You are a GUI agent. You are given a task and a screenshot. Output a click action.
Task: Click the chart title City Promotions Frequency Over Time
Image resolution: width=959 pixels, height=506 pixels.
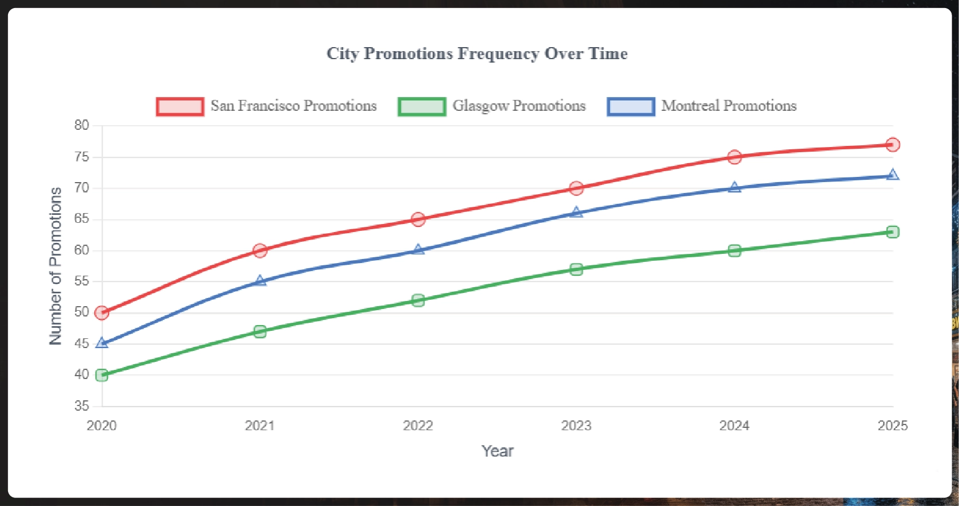pyautogui.click(x=477, y=53)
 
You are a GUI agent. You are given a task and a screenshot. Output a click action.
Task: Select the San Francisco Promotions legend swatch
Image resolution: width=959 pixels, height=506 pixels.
pyautogui.click(x=180, y=106)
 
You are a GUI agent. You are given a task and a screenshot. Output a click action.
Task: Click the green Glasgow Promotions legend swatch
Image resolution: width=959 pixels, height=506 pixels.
pyautogui.click(x=422, y=106)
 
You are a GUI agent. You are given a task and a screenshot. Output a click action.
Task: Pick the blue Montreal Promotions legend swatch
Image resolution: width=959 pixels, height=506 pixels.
pyautogui.click(x=631, y=106)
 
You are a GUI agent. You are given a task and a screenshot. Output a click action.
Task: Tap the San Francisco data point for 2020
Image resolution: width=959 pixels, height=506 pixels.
pyautogui.click(x=102, y=313)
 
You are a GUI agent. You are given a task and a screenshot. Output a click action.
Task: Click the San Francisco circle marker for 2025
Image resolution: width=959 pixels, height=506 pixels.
pyautogui.click(x=892, y=145)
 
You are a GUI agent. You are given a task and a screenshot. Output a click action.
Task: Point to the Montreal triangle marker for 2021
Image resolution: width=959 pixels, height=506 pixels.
pyautogui.click(x=260, y=281)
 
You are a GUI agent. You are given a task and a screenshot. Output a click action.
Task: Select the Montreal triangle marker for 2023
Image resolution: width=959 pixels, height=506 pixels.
pyautogui.click(x=577, y=213)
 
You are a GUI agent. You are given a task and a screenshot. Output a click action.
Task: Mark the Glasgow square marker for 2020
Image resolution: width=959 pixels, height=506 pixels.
pyautogui.click(x=102, y=375)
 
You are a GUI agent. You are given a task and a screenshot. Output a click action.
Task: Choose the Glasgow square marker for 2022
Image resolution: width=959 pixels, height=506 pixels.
pyautogui.click(x=418, y=300)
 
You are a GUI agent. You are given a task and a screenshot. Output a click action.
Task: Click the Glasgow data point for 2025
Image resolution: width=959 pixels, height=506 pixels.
pyautogui.click(x=892, y=232)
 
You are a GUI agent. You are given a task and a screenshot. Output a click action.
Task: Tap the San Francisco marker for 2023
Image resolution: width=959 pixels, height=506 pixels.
pyautogui.click(x=577, y=188)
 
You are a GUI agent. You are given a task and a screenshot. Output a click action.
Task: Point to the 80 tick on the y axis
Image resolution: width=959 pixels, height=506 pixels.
pyautogui.click(x=82, y=125)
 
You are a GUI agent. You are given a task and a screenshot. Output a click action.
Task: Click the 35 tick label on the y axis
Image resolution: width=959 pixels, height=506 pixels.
pyautogui.click(x=82, y=406)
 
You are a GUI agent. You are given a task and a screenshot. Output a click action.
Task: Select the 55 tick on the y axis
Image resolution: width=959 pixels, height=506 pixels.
pyautogui.click(x=82, y=281)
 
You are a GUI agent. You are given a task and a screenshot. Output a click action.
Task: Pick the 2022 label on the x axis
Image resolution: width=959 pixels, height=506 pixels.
pyautogui.click(x=418, y=426)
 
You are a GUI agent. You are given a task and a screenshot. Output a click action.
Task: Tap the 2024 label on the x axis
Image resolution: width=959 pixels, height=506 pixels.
pyautogui.click(x=734, y=426)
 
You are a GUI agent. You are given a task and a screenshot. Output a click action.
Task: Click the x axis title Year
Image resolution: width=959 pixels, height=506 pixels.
pyautogui.click(x=497, y=451)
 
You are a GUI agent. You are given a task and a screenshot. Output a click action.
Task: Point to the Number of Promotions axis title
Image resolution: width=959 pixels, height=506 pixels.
pyautogui.click(x=56, y=266)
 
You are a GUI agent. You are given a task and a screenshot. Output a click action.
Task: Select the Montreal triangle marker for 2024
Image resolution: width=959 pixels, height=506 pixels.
pyautogui.click(x=734, y=187)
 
